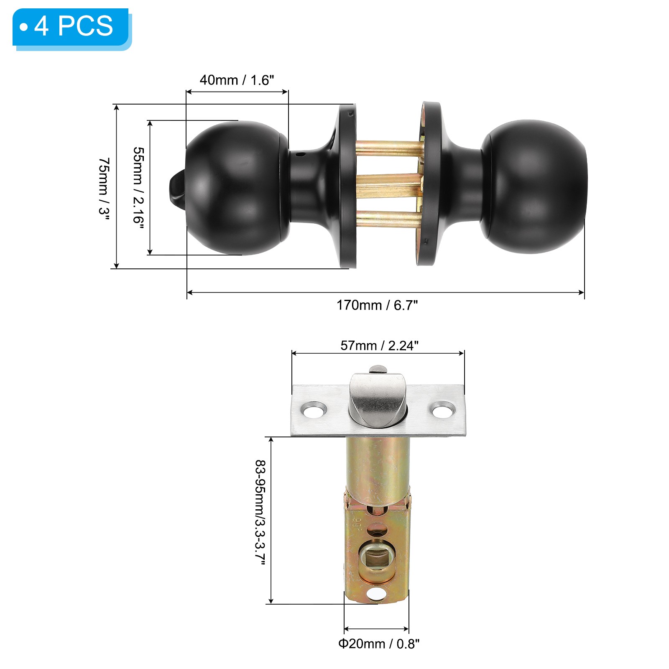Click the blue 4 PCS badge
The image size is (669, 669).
point(71,28)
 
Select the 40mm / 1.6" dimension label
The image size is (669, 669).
point(237,80)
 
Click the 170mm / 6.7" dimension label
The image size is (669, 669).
point(377,305)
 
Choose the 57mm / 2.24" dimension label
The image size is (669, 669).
point(379,346)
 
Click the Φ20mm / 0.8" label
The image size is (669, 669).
point(379,643)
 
